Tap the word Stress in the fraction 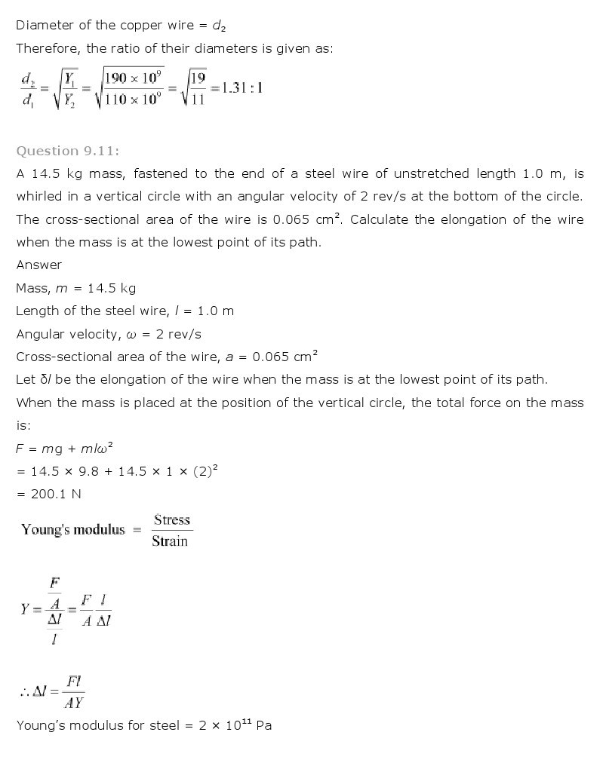(x=172, y=519)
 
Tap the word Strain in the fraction (x=170, y=541)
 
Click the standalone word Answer (x=39, y=265)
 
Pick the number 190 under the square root (x=118, y=78)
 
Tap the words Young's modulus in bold (x=73, y=529)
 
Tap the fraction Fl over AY (x=74, y=691)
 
